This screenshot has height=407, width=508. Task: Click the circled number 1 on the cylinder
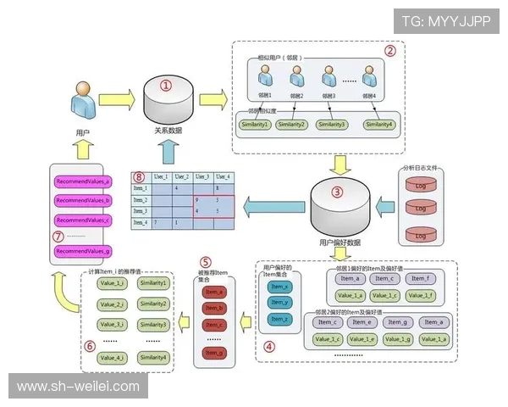point(166,86)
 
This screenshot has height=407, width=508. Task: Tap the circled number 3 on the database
point(337,192)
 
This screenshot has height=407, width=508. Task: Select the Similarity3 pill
point(332,125)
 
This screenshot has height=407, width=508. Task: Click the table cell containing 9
point(196,200)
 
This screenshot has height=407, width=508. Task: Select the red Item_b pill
point(215,308)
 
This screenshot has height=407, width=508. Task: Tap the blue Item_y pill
point(279,303)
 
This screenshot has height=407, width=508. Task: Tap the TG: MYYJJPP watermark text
point(445,21)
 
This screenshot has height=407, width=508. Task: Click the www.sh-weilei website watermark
point(78,387)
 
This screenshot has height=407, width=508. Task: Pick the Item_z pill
point(279,319)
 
